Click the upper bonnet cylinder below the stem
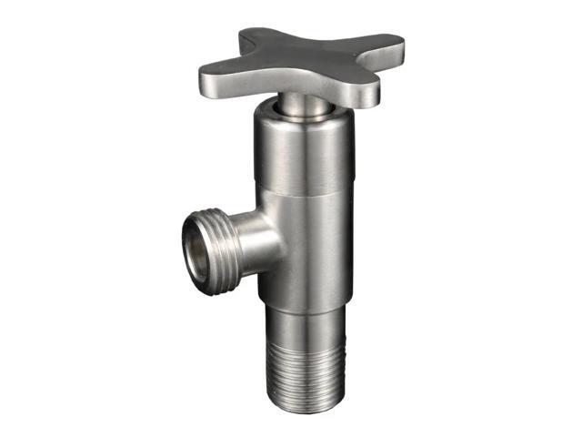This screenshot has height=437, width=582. [300, 155]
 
